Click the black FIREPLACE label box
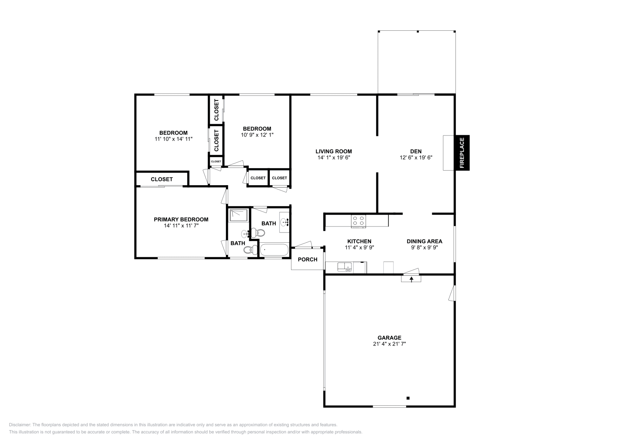pos(462,152)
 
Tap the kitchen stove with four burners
pos(358,221)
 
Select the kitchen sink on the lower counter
pos(344,267)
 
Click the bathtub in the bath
pos(274,250)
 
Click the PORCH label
pos(308,259)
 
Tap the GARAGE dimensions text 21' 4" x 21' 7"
pos(389,344)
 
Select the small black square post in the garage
pos(408,398)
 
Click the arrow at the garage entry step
pos(411,279)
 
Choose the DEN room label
pos(416,151)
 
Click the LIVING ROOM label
pos(334,151)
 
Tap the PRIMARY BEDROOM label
pos(181,219)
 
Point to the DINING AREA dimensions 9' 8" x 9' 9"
pos(424,248)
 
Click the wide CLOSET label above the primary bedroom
pos(162,179)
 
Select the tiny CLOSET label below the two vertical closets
pos(216,162)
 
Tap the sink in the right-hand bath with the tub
pos(284,223)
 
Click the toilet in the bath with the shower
pos(248,249)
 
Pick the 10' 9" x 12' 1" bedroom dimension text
pos(257,135)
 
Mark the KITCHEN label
pos(359,242)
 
